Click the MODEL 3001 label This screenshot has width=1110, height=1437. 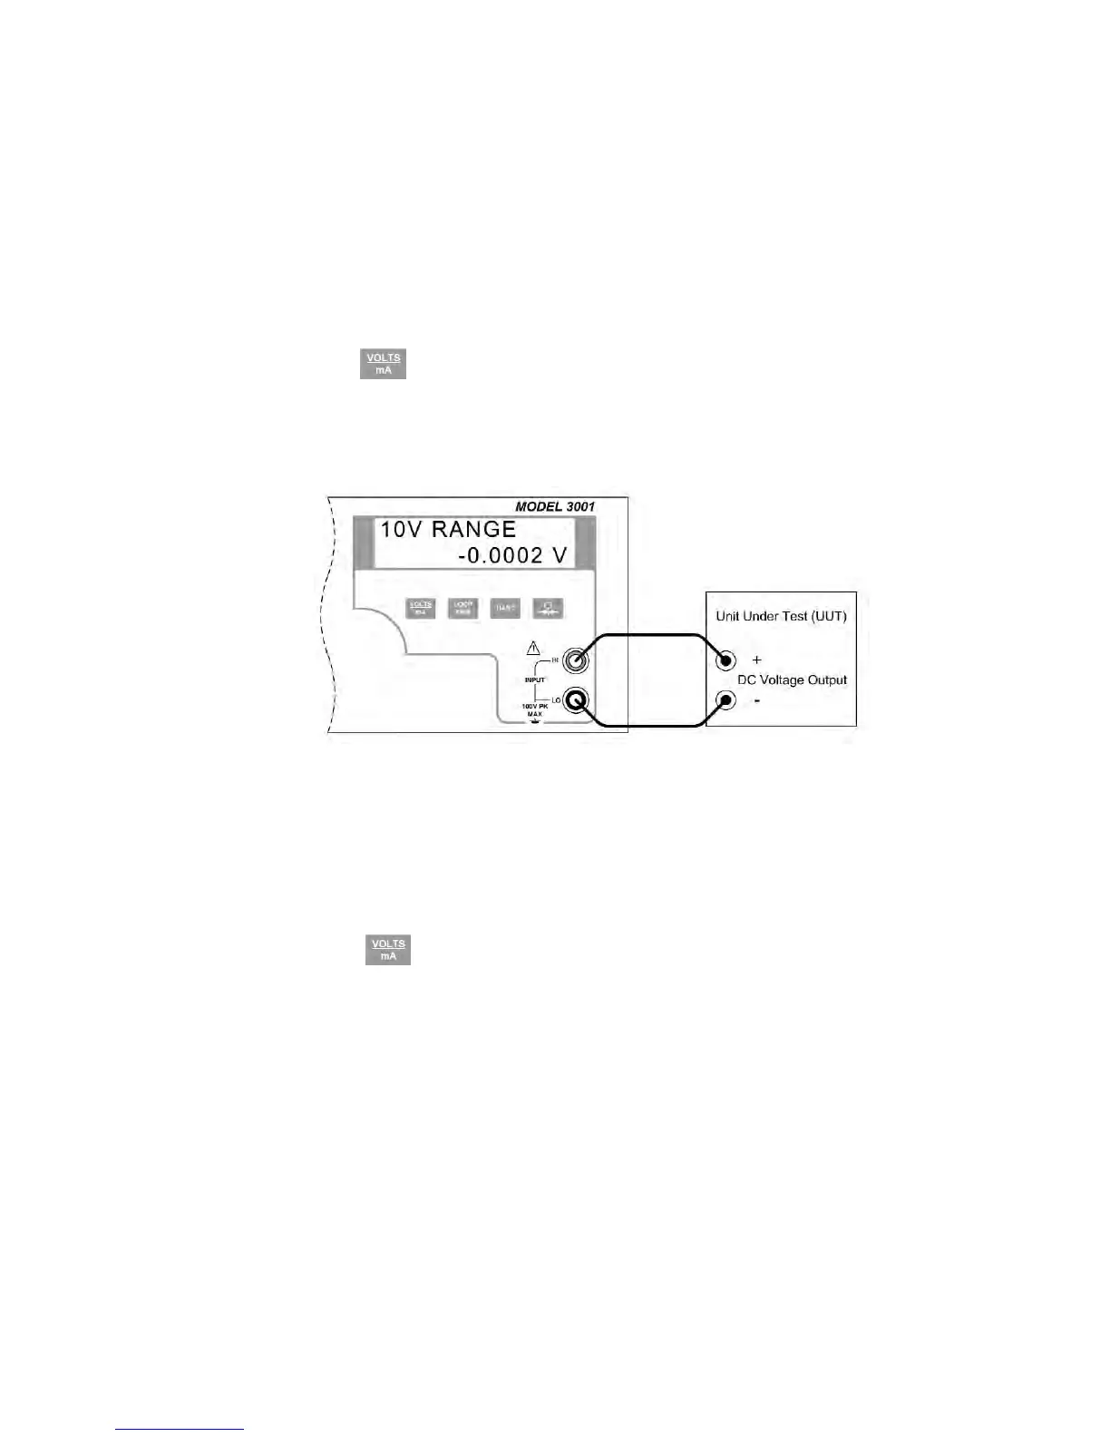tap(555, 506)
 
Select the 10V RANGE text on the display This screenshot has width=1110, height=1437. tap(447, 529)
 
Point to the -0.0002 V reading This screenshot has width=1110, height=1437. tap(511, 555)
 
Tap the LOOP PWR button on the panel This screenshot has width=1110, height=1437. tap(463, 608)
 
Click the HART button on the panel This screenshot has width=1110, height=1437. tap(505, 608)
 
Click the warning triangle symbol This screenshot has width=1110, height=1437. tap(533, 649)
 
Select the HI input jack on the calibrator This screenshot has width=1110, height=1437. tap(575, 660)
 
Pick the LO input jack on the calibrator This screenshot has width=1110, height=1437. tap(576, 700)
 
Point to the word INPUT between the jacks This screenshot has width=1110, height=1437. tap(535, 679)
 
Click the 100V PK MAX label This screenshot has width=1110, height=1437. tap(535, 709)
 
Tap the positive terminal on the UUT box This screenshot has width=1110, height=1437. tap(725, 660)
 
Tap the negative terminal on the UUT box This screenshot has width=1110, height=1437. tap(725, 700)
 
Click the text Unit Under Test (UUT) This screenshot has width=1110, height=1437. tap(781, 616)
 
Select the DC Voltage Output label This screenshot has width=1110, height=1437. tap(792, 679)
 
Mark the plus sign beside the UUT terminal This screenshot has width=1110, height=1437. tap(757, 660)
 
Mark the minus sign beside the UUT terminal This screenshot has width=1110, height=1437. tap(757, 700)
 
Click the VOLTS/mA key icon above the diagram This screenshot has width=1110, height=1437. tap(383, 364)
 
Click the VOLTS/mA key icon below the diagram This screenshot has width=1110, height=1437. tap(388, 950)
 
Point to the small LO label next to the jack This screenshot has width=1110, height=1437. tap(556, 700)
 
